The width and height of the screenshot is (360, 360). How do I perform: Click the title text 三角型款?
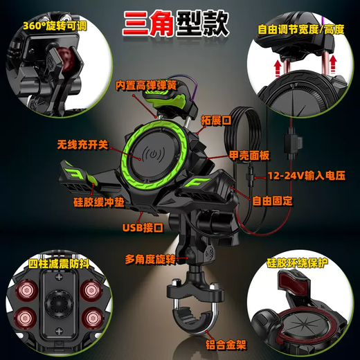coord(179,24)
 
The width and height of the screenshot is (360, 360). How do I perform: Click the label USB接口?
coord(143,226)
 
